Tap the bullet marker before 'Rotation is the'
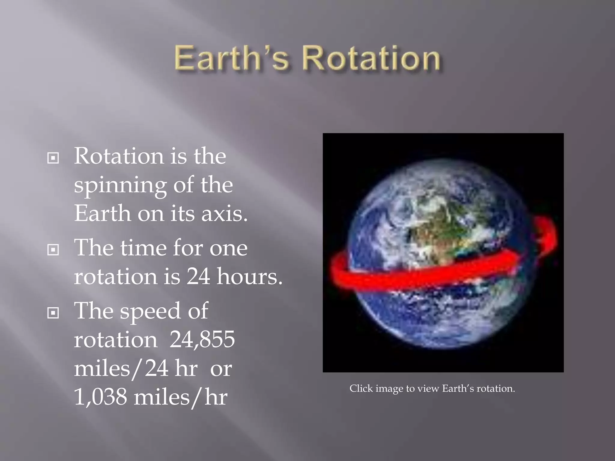53,158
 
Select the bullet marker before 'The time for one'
53,250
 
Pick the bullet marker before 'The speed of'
53,313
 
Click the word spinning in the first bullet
120,186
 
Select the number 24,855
202,339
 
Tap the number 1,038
101,397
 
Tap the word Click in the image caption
361,388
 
